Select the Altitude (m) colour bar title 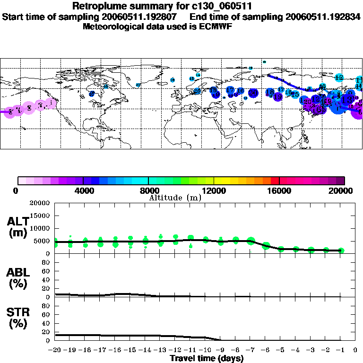click(174, 197)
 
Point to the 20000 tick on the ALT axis click(40, 203)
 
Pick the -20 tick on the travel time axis click(55, 350)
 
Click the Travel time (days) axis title click(207, 359)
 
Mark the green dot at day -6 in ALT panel click(266, 245)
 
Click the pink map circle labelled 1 click(52, 103)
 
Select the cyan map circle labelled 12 click(339, 77)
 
